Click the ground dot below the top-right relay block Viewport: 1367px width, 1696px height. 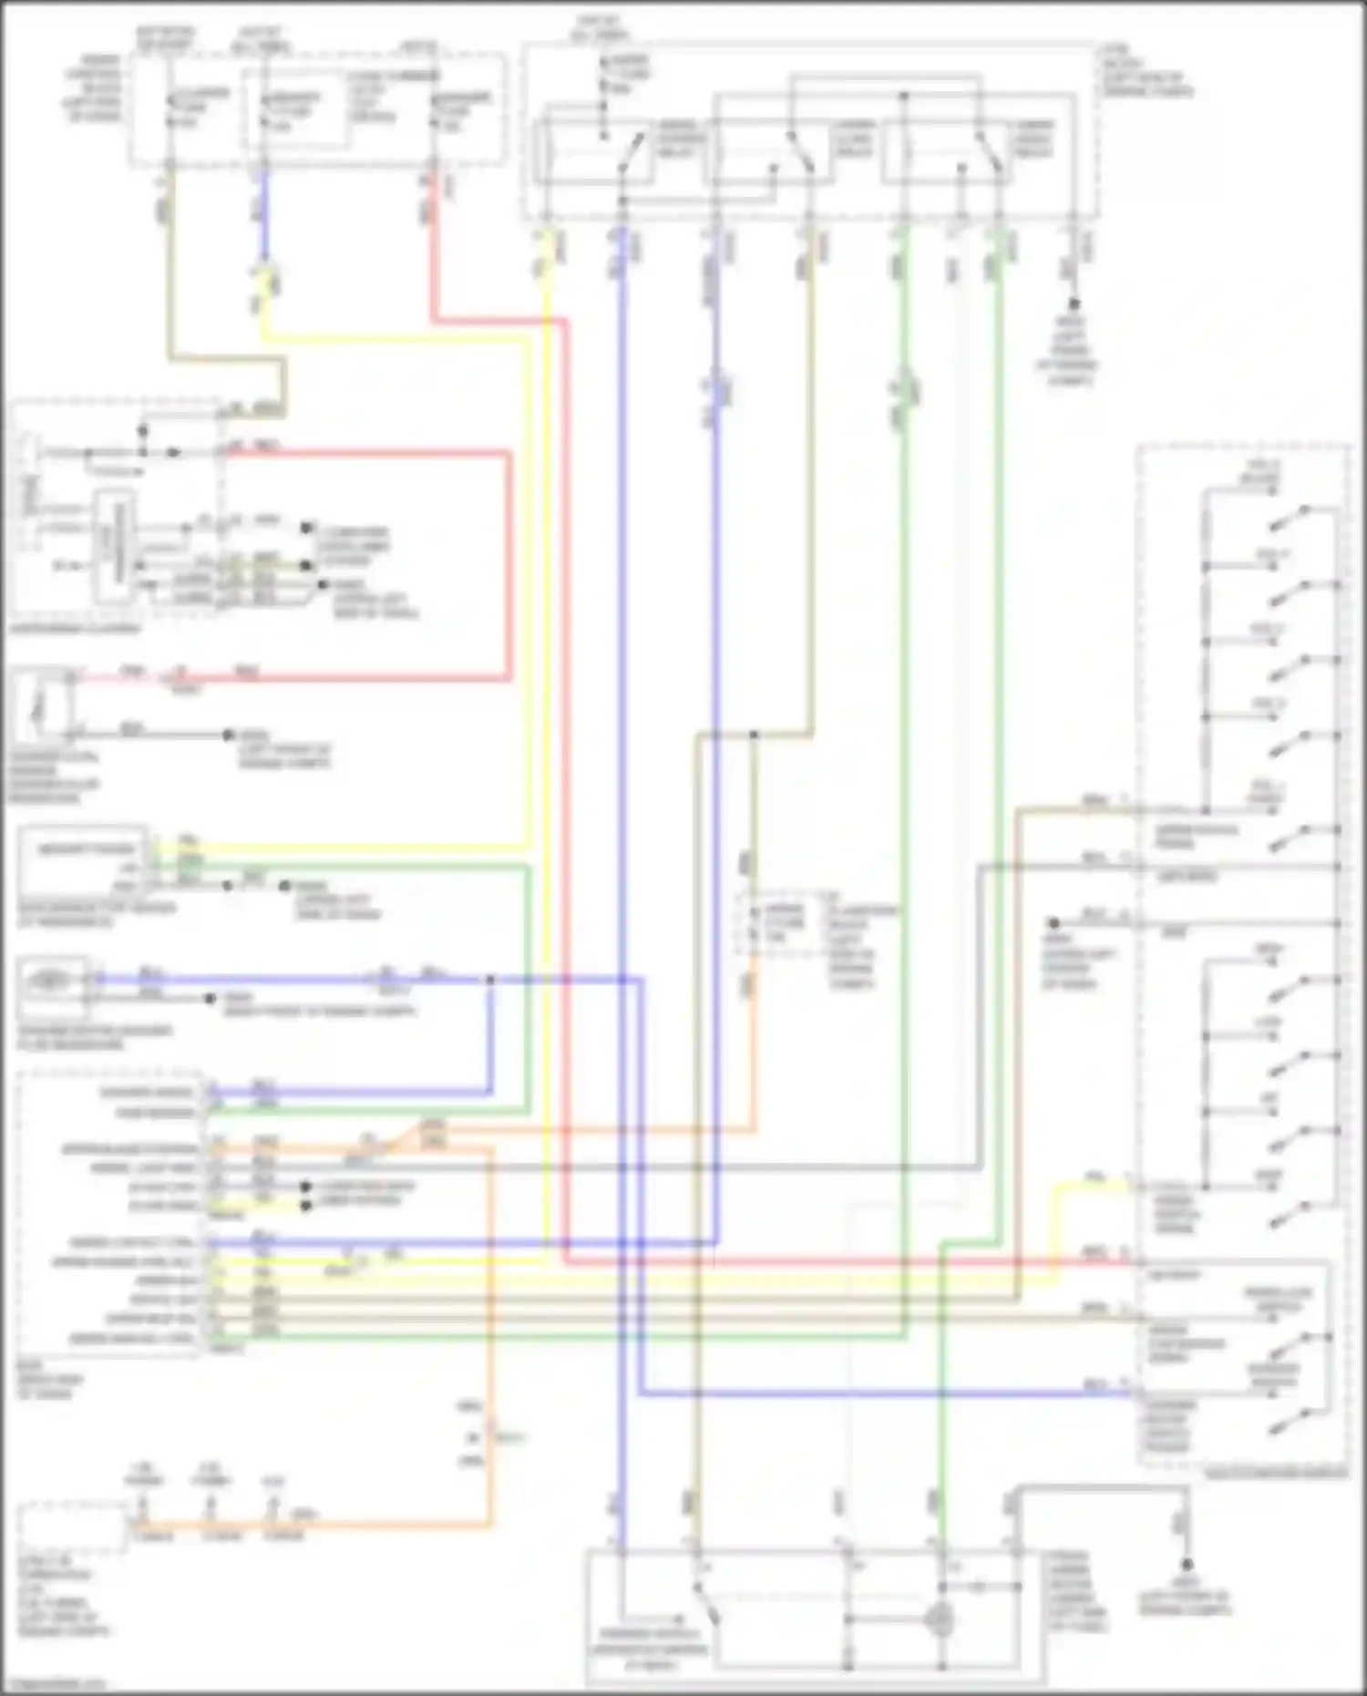[1074, 303]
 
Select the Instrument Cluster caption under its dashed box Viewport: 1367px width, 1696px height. [77, 629]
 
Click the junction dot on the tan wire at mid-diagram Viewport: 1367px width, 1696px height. [754, 734]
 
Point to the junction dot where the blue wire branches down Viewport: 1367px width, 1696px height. [490, 981]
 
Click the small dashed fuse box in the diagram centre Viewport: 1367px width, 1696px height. [773, 924]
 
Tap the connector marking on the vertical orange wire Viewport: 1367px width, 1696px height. [488, 1438]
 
